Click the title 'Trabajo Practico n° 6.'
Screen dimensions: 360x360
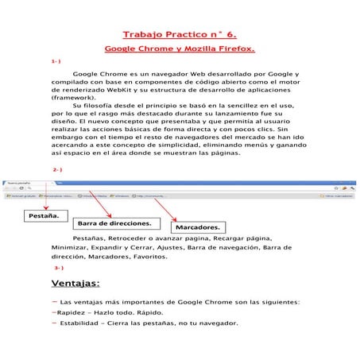[180, 35]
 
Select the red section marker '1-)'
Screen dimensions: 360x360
[56, 60]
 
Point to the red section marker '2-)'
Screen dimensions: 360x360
[57, 169]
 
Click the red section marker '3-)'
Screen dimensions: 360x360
[58, 268]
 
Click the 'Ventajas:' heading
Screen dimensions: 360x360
[75, 284]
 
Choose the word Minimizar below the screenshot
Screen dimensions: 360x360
[69, 247]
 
